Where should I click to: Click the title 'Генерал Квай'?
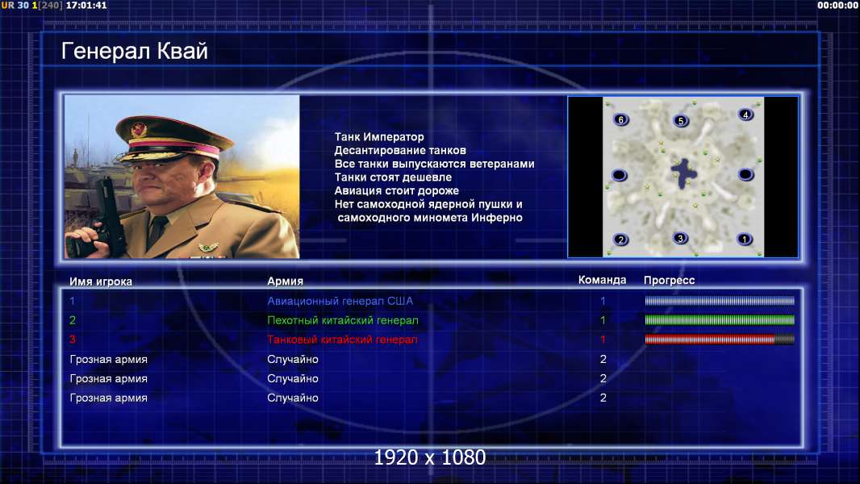coord(135,51)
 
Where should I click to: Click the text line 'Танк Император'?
coord(379,137)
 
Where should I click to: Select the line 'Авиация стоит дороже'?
coord(397,190)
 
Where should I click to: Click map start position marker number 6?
coord(621,119)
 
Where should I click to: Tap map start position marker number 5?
coord(681,120)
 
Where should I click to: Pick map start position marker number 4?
coord(745,115)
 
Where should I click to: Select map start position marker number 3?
coord(680,239)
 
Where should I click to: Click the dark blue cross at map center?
coord(684,173)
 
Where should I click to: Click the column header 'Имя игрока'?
coord(101,282)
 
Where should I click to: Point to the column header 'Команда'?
coord(602,280)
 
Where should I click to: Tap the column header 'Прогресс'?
coord(669,281)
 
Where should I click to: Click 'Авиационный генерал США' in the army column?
coord(340,301)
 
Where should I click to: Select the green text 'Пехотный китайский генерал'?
coord(343,320)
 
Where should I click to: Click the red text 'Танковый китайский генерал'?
coord(342,340)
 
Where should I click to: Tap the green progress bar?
coord(719,320)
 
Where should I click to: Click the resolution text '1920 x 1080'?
coord(430,457)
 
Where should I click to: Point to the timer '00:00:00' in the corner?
coord(837,6)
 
